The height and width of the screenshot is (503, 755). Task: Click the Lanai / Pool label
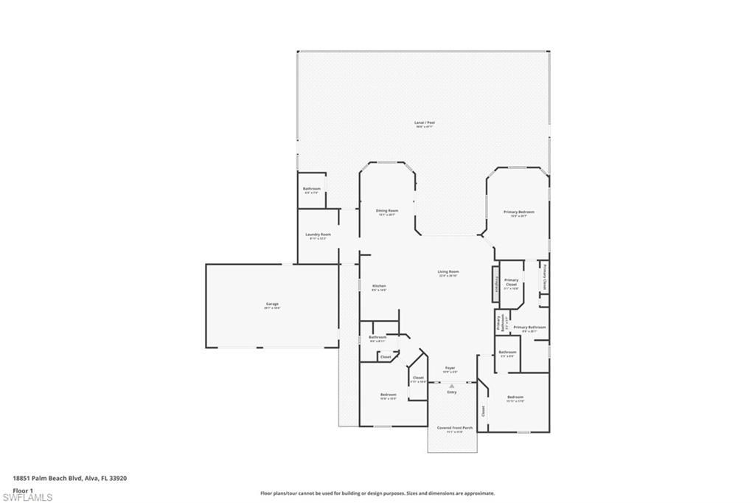(x=425, y=122)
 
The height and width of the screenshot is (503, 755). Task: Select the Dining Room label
(x=387, y=211)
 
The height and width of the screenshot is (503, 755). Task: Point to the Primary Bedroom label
(x=519, y=212)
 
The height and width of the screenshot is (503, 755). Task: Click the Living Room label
(x=448, y=271)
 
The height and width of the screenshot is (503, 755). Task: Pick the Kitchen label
(x=379, y=286)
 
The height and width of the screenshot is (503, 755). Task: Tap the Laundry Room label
(x=319, y=235)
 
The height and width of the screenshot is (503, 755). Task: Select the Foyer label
(x=450, y=367)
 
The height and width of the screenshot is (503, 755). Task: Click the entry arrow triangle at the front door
(x=452, y=385)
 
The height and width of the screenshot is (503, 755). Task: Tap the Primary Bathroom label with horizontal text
(x=529, y=327)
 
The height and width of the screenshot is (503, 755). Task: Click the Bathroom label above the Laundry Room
(x=311, y=189)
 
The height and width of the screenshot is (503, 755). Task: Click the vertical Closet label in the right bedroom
(x=484, y=410)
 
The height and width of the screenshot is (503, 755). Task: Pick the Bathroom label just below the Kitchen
(x=377, y=338)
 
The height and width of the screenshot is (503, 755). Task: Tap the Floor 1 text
(x=24, y=490)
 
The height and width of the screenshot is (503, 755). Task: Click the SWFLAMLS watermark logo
(x=27, y=498)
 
